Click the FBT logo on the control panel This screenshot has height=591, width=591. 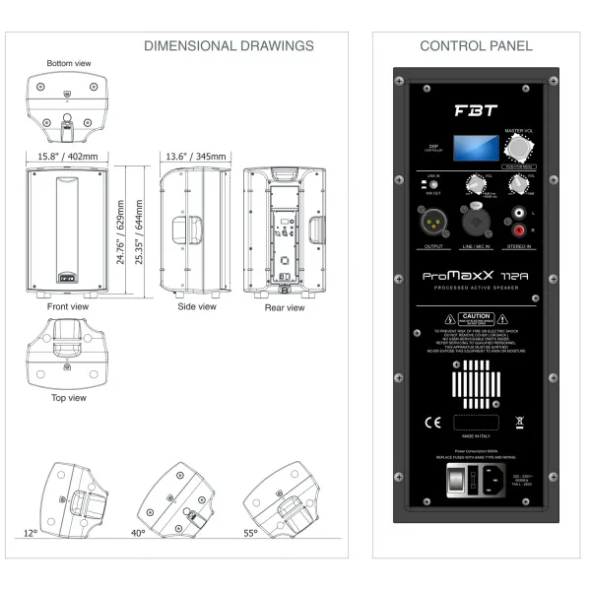click(476, 110)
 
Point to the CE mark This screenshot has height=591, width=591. click(431, 424)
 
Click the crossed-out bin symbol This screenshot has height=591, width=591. click(520, 424)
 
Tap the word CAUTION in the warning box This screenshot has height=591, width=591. click(477, 317)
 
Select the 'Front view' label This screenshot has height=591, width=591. click(68, 307)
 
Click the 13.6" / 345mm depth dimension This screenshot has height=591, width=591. click(195, 157)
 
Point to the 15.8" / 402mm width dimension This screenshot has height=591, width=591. click(68, 157)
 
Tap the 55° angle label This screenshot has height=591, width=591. click(251, 532)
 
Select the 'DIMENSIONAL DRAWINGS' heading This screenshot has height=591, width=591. click(229, 45)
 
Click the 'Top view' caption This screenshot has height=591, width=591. click(68, 398)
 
